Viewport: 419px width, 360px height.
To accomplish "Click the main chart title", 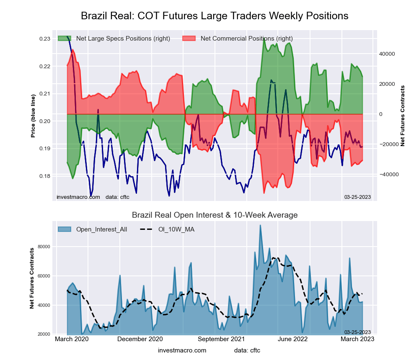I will (x=215, y=16).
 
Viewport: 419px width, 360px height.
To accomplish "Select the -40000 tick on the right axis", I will (x=388, y=174).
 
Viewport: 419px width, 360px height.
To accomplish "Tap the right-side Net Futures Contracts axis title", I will (x=403, y=116).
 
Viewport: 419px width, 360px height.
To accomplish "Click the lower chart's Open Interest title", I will (x=215, y=215).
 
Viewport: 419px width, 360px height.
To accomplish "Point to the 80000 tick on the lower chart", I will (x=44, y=247).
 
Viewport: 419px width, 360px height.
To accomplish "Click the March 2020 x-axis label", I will (x=72, y=339).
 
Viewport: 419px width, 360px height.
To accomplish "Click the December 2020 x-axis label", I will (x=140, y=339).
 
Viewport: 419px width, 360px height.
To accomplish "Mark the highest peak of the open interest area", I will (x=260, y=225).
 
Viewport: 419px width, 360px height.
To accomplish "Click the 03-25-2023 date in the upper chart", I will (x=357, y=197).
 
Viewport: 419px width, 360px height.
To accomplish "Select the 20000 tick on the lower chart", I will (x=44, y=334).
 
